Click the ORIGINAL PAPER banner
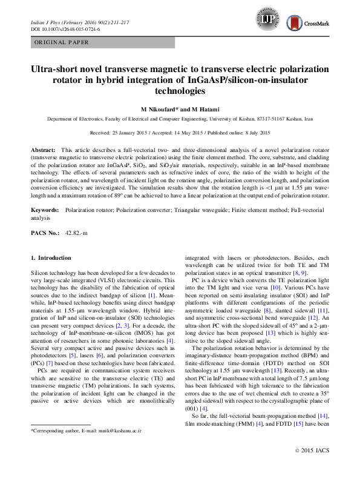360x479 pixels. point(62,42)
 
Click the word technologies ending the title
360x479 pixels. point(180,91)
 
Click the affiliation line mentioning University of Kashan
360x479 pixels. point(180,120)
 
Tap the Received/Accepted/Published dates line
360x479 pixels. point(180,132)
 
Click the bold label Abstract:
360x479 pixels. point(43,149)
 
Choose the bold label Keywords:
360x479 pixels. point(45,209)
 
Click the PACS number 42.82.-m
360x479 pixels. point(76,233)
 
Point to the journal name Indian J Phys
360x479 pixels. point(47,22)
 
